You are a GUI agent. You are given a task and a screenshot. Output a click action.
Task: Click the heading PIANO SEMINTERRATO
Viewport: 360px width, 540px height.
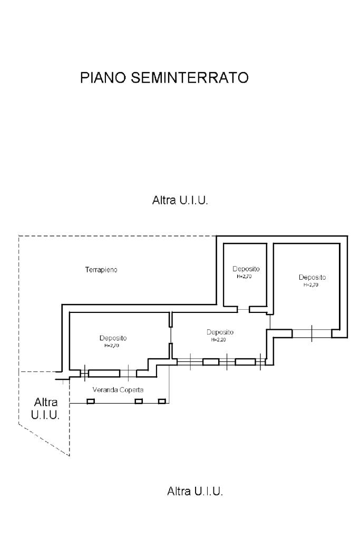tap(164, 78)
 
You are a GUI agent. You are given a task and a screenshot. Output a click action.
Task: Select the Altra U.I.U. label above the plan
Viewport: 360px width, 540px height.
tap(180, 201)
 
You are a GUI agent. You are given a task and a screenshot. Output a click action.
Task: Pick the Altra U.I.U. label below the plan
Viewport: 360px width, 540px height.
tap(195, 492)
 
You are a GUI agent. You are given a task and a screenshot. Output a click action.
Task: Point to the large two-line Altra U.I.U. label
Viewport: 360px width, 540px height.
tap(45, 408)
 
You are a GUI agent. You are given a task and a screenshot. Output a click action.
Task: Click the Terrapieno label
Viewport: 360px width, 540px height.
tap(101, 270)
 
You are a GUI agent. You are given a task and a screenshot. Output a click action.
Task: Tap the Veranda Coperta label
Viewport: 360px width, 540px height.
tap(118, 390)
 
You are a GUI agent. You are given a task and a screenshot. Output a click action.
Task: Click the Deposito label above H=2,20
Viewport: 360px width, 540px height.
tap(220, 332)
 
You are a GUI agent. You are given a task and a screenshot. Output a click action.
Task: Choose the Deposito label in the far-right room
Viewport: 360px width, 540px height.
tap(312, 278)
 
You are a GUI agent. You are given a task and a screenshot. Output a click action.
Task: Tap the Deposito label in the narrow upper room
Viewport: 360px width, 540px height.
tap(246, 269)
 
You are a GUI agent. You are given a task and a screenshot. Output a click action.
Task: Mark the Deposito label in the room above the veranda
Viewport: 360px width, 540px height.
tap(113, 338)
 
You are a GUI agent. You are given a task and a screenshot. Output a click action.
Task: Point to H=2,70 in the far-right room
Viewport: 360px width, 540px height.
tap(311, 285)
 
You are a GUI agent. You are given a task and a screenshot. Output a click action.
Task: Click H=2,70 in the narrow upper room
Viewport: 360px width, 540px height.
tap(244, 276)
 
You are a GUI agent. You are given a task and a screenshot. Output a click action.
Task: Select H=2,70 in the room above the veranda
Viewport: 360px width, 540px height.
tap(112, 346)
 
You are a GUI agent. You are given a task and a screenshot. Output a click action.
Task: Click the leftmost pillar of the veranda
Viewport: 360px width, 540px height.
tap(90, 401)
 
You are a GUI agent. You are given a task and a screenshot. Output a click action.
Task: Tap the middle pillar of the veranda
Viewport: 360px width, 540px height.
tap(139, 401)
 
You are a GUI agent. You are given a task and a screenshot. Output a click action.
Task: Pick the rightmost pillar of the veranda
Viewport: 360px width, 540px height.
tap(162, 401)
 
